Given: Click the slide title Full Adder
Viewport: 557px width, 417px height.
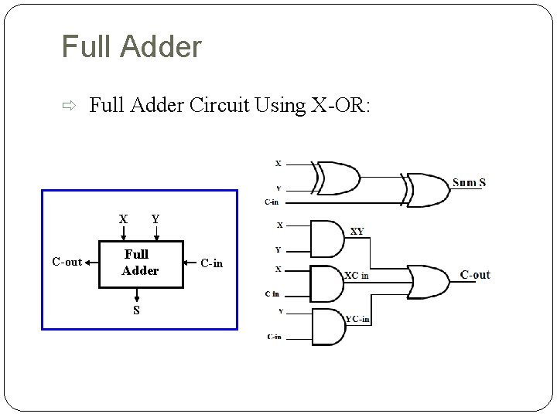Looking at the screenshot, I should [132, 47].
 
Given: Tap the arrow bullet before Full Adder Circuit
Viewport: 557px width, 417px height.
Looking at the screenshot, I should [69, 107].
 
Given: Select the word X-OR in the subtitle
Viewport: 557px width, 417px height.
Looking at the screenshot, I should [340, 106].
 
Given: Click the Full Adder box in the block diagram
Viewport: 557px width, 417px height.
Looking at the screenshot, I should [141, 263].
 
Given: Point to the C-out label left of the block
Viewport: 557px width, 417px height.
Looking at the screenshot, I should [67, 263].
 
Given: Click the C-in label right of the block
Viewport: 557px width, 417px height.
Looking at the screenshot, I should [211, 263].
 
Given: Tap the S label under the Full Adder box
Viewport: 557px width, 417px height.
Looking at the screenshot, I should [137, 310].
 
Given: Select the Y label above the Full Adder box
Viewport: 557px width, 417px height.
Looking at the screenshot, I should [155, 219].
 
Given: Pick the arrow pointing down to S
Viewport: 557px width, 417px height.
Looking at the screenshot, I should [137, 295].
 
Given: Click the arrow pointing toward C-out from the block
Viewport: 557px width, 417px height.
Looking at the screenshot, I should [91, 263].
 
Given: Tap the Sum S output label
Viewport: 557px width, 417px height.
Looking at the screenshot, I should [469, 182].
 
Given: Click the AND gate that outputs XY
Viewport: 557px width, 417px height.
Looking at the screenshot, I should [326, 238].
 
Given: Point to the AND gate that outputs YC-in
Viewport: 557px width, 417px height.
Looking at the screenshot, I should [326, 326].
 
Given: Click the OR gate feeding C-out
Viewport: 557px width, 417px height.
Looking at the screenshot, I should [430, 283].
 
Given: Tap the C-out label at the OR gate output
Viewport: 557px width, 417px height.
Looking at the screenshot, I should [475, 275].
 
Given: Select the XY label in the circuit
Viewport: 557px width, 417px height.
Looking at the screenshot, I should [357, 231].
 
